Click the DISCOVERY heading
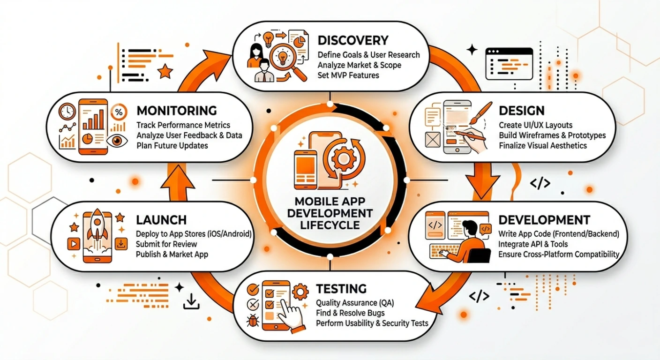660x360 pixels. coord(353,40)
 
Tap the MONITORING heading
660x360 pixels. coord(177,111)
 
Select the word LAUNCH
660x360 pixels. coord(161,219)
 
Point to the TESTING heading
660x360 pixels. coord(341,288)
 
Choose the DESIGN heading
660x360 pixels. coord(522,111)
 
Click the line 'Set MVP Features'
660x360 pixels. coord(348,75)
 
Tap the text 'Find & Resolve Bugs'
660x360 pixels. coord(350,313)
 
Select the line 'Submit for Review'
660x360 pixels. coord(166,244)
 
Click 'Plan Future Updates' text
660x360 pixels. coord(172,145)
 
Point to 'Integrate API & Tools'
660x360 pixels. coord(533,244)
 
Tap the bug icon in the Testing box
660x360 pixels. coord(253,322)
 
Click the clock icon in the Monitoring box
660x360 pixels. coord(67,112)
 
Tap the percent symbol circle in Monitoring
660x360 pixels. coord(119,112)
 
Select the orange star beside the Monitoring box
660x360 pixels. coord(165,72)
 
